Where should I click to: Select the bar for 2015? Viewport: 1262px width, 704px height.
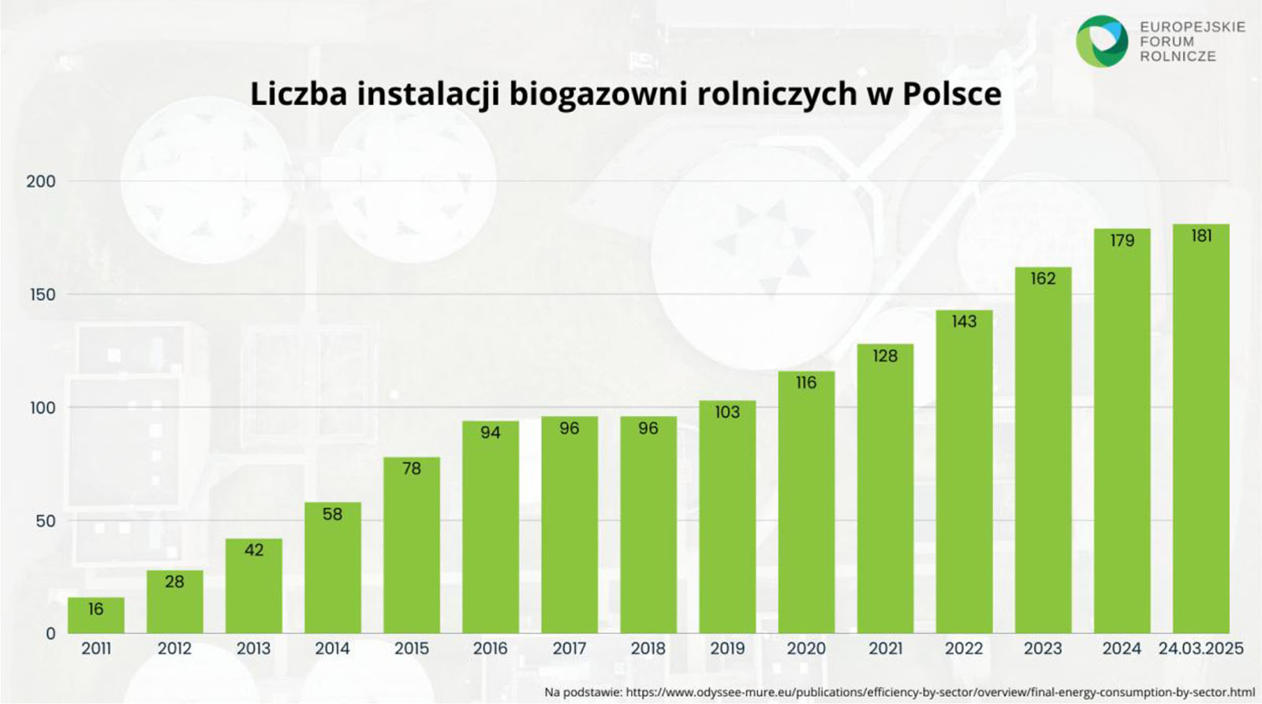411,552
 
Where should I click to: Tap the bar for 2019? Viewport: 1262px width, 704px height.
727,521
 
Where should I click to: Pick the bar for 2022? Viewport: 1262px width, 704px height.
964,474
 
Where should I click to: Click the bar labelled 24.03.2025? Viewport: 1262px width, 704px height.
1200,434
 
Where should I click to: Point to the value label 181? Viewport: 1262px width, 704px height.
1201,236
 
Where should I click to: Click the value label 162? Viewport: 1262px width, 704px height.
1043,279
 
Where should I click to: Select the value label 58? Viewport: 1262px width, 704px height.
332,515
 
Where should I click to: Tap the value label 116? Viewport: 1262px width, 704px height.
806,383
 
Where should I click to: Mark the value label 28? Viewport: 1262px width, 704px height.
174,582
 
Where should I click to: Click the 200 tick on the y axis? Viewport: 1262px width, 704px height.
41,182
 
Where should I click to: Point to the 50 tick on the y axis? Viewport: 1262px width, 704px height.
45,521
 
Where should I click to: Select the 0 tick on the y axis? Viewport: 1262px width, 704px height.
50,634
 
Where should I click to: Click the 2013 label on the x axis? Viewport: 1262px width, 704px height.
253,649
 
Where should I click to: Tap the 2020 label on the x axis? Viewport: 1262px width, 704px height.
806,649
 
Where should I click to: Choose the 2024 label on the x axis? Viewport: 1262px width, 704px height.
1122,649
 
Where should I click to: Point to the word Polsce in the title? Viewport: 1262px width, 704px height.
951,94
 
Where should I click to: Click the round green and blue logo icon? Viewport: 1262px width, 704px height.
1102,41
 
